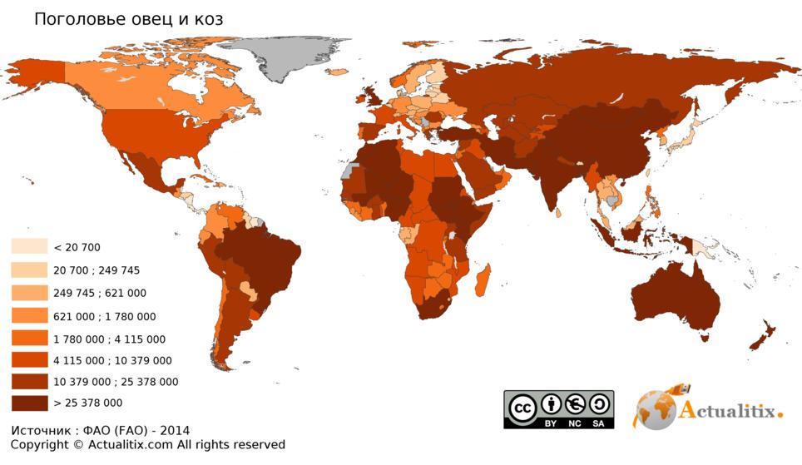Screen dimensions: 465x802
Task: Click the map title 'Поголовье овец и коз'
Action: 128,19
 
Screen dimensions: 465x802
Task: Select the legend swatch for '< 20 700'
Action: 29,247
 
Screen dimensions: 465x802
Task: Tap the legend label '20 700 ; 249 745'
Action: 97,270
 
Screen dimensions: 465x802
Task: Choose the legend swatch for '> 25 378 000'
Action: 29,403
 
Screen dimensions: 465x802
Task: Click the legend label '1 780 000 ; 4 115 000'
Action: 109,339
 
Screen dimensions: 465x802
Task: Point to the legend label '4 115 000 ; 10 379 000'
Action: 112,361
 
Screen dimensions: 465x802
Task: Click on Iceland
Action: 337,72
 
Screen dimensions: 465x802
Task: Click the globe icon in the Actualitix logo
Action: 656,409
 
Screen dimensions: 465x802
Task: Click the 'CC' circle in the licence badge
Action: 522,408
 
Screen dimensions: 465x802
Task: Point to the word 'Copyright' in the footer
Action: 40,445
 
